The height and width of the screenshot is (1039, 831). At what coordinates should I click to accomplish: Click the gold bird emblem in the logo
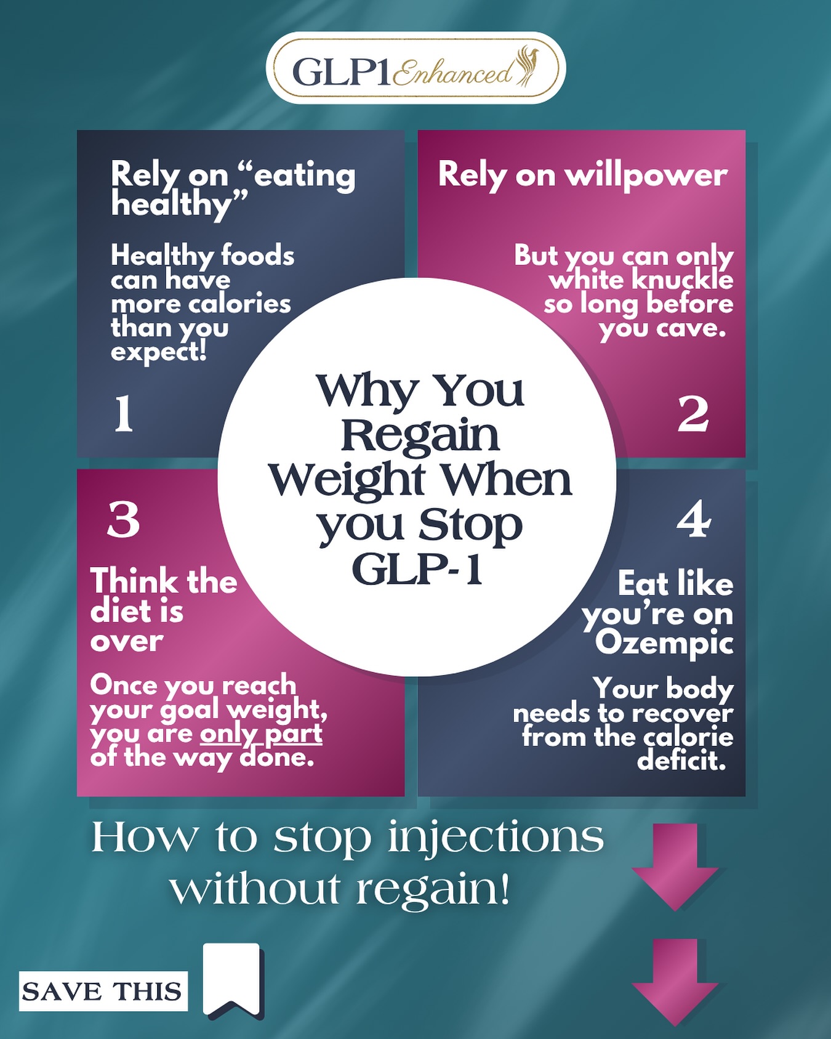pyautogui.click(x=527, y=65)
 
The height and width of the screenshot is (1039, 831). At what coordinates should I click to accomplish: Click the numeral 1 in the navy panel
pyautogui.click(x=124, y=413)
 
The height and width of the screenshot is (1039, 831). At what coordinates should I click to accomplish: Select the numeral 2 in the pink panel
pyautogui.click(x=693, y=413)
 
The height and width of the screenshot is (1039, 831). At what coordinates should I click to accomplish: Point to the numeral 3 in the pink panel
pyautogui.click(x=124, y=519)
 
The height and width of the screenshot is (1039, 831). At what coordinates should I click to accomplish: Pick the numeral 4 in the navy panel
pyautogui.click(x=694, y=519)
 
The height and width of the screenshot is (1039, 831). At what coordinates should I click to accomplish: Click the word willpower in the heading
pyautogui.click(x=646, y=176)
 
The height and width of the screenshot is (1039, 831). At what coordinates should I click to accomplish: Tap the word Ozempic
pyautogui.click(x=664, y=643)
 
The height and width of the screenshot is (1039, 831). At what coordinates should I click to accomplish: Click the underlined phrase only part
pyautogui.click(x=261, y=734)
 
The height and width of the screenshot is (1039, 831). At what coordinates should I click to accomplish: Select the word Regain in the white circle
pyautogui.click(x=420, y=435)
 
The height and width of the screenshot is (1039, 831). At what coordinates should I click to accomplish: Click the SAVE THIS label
pyautogui.click(x=103, y=991)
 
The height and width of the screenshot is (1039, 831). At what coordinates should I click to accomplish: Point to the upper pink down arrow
pyautogui.click(x=675, y=867)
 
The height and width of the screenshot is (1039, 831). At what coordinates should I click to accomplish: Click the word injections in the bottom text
pyautogui.click(x=496, y=838)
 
